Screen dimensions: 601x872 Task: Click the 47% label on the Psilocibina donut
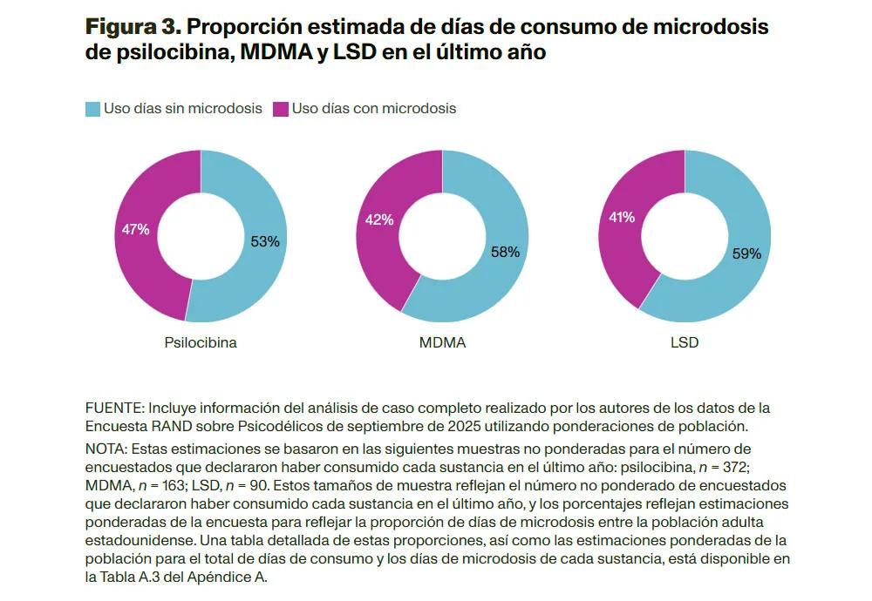point(135,230)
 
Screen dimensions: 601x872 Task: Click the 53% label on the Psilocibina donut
point(265,242)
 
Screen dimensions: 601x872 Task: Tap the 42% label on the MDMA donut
point(379,220)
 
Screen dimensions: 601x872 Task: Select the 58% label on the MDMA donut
point(505,252)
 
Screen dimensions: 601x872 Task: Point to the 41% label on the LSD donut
point(622,218)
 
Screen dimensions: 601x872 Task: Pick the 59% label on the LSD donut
point(746,254)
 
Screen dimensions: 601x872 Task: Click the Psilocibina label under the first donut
point(201,343)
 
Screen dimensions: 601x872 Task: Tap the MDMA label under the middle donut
point(442,343)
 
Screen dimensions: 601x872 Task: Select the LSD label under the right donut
point(685,343)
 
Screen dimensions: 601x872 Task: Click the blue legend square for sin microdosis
point(92,109)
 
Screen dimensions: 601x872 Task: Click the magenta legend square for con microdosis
point(281,109)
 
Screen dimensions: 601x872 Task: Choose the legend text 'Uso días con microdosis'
point(374,109)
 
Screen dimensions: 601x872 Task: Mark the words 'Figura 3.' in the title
point(134,28)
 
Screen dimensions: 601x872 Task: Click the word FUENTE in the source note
point(113,409)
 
